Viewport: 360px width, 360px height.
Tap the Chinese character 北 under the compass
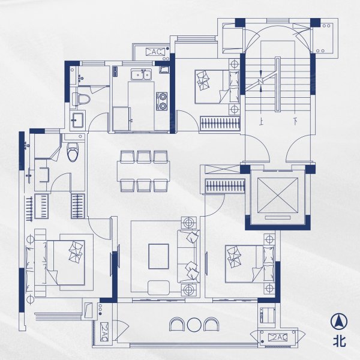coord(340,341)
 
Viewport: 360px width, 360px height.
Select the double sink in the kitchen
coord(141,74)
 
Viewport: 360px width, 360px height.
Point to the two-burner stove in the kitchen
coord(162,101)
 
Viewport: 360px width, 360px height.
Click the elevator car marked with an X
coord(278,196)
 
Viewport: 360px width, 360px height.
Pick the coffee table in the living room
coord(158,256)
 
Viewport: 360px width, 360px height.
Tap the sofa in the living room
coord(188,256)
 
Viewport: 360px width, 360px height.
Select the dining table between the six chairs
coord(144,171)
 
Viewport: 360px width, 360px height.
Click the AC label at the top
coord(155,52)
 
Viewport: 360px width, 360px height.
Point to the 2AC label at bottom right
coord(278,337)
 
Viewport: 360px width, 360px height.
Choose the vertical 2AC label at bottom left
coord(104,332)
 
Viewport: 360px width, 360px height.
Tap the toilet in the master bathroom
coord(73,152)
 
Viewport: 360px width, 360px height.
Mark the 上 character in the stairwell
coord(261,122)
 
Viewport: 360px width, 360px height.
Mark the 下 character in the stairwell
coord(295,121)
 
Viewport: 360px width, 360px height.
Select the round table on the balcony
coord(194,325)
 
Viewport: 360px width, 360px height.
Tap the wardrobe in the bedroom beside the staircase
coord(220,124)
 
